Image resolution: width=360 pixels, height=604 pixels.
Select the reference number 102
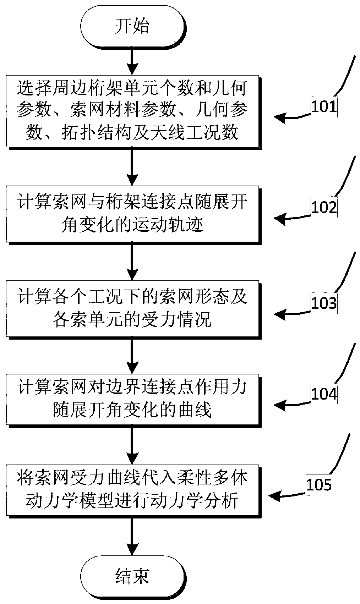pyautogui.click(x=323, y=207)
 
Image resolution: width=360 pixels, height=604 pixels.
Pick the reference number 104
pyautogui.click(x=323, y=394)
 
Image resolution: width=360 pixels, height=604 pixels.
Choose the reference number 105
pyautogui.click(x=319, y=485)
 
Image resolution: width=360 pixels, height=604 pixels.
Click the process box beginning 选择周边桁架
pyautogui.click(x=132, y=111)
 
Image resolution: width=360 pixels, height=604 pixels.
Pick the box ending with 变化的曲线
pyautogui.click(x=132, y=400)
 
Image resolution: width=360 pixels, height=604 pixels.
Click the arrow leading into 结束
pyautogui.click(x=132, y=536)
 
